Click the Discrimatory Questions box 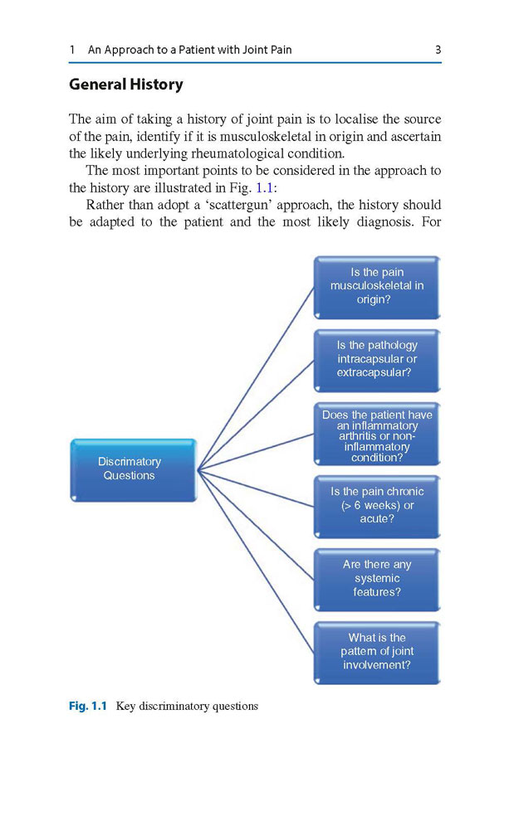pyautogui.click(x=133, y=469)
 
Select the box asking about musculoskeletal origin pyautogui.click(x=377, y=287)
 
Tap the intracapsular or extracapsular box pyautogui.click(x=377, y=360)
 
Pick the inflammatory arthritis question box pyautogui.click(x=377, y=434)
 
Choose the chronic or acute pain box pyautogui.click(x=377, y=507)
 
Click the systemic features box pyautogui.click(x=377, y=580)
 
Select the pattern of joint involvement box pyautogui.click(x=377, y=653)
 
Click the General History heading pyautogui.click(x=126, y=85)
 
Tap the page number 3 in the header pyautogui.click(x=438, y=50)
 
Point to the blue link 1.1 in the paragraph pyautogui.click(x=264, y=187)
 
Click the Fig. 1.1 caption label pyautogui.click(x=87, y=706)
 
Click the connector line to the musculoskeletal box pyautogui.click(x=256, y=378)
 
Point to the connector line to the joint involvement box pyautogui.click(x=256, y=561)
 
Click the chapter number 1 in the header pyautogui.click(x=72, y=50)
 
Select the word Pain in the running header pyautogui.click(x=281, y=50)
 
